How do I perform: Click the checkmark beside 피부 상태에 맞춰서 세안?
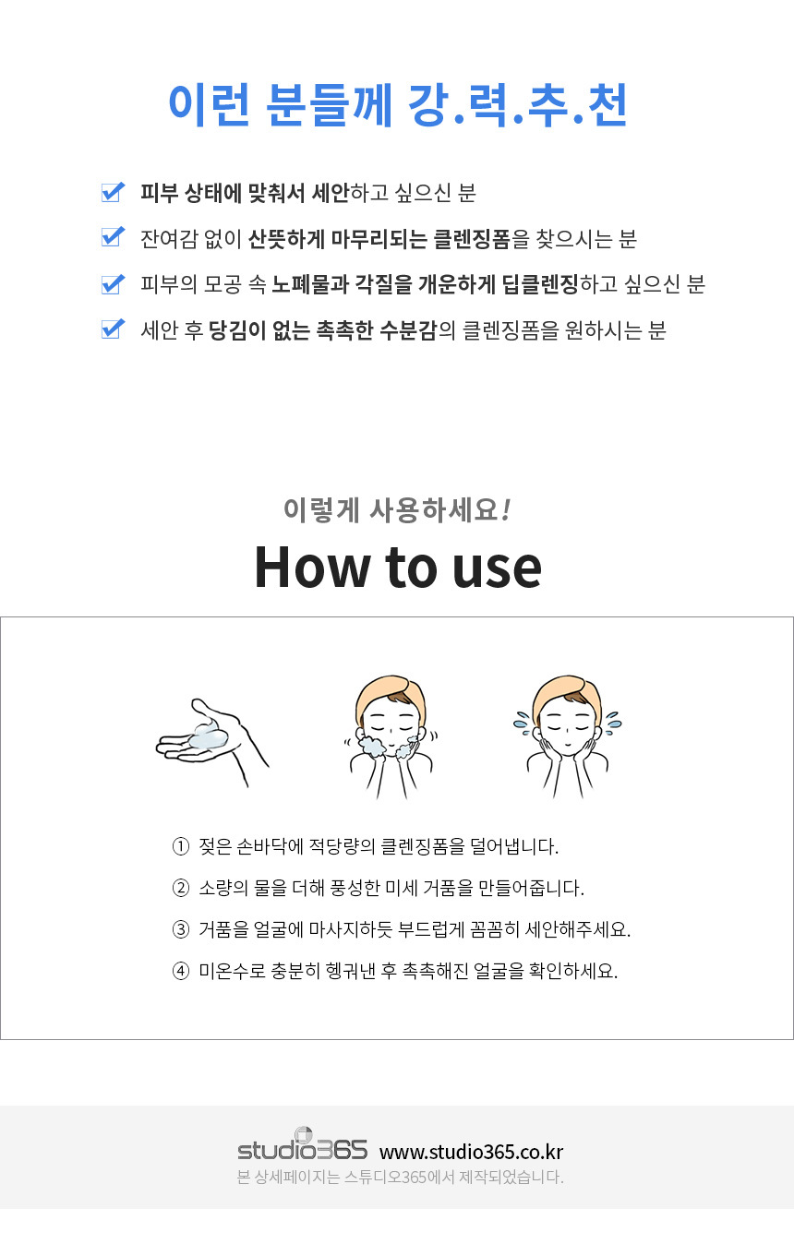click(x=113, y=192)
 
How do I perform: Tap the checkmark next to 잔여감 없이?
click(x=113, y=237)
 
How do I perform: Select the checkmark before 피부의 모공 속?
click(x=113, y=284)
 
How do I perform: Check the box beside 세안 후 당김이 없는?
click(x=113, y=329)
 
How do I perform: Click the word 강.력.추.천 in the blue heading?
click(x=517, y=105)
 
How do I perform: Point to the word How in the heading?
click(x=310, y=568)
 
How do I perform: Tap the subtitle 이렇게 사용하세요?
click(x=397, y=510)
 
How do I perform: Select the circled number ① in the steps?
click(x=181, y=846)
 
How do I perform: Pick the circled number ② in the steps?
click(x=181, y=888)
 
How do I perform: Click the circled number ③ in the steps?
click(x=181, y=929)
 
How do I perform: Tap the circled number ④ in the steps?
click(x=181, y=971)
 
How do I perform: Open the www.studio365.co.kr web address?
click(x=472, y=1152)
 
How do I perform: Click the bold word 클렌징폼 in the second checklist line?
click(x=472, y=239)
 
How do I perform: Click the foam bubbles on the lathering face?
click(x=372, y=747)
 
